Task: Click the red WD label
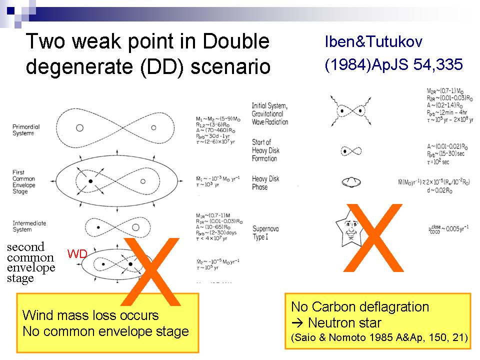[77, 254]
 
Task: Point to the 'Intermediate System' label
[29, 226]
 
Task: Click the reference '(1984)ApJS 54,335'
[393, 65]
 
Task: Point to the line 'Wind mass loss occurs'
[90, 315]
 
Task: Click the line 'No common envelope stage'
[105, 331]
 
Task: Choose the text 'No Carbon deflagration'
[359, 306]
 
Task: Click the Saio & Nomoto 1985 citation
[379, 338]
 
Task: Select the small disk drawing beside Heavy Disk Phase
[346, 182]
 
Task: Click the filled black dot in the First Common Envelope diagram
[90, 180]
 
